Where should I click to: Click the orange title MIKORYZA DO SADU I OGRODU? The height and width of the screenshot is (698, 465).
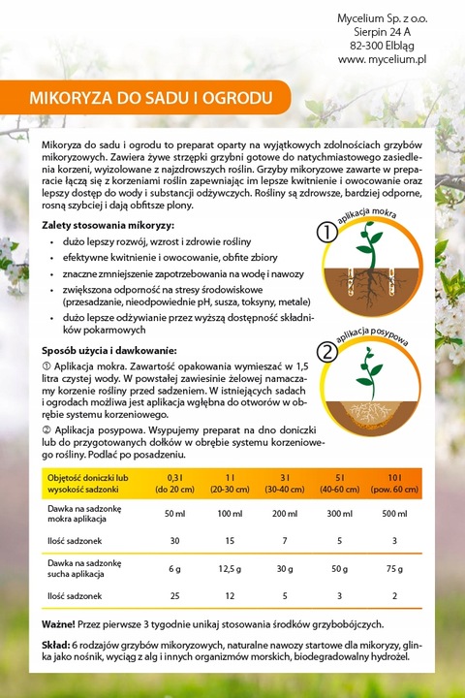[x=150, y=98]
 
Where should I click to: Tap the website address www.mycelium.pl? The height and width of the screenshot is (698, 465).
[x=383, y=60]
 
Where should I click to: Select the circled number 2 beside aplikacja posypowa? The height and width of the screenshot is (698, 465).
[x=327, y=352]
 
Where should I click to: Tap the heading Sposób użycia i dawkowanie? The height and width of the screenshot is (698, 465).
[x=108, y=349]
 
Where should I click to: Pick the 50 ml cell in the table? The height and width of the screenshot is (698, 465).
[x=175, y=513]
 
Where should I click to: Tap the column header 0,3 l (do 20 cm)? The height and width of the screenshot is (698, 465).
[x=175, y=483]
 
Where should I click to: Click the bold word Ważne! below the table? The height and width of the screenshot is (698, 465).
[x=62, y=622]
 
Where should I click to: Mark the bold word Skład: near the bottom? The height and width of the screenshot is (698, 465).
[x=56, y=645]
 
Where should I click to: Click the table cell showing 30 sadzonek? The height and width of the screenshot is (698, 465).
[x=175, y=540]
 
